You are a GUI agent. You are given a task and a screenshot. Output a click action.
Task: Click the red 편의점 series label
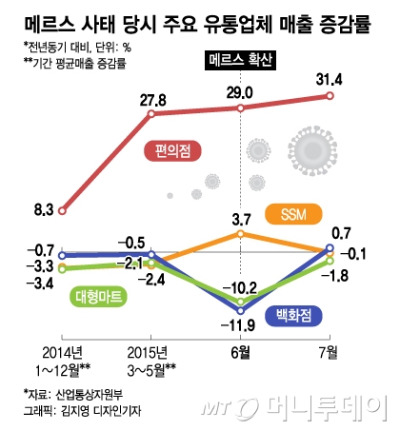pyautogui.click(x=170, y=150)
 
